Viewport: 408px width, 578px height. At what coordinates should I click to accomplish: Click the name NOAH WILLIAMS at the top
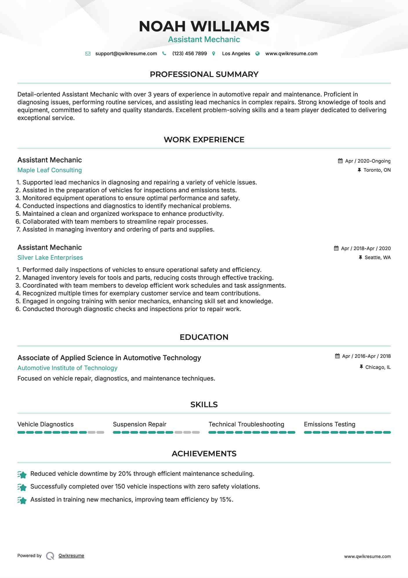[x=204, y=26]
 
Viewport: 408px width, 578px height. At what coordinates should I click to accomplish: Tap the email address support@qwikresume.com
[x=126, y=53]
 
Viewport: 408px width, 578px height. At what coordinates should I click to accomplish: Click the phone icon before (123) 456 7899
[x=164, y=53]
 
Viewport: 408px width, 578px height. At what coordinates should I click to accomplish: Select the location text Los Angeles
[x=236, y=53]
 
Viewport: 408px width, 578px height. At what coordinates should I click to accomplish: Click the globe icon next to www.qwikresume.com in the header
[x=257, y=53]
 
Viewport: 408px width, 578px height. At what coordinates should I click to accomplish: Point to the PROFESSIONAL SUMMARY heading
[x=204, y=74]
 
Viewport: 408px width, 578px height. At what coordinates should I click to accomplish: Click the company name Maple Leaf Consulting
[x=50, y=170]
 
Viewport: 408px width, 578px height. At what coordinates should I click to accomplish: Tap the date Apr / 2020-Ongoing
[x=368, y=161]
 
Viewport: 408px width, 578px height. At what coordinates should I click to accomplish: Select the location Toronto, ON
[x=377, y=170]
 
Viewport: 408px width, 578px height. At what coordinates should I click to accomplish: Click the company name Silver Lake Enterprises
[x=50, y=258]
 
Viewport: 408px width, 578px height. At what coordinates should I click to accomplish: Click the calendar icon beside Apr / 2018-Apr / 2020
[x=336, y=248]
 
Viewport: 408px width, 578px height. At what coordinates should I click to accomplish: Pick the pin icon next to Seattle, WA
[x=360, y=257]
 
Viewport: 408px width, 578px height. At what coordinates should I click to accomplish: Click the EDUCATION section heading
[x=204, y=337]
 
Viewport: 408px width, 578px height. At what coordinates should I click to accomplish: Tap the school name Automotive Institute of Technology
[x=67, y=368]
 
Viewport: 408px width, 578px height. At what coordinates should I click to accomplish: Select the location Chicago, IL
[x=378, y=367]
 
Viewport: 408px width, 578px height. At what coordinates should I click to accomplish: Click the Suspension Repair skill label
[x=139, y=424]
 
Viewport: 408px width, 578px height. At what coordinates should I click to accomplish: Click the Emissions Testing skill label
[x=329, y=424]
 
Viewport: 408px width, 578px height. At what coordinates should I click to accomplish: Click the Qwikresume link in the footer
[x=71, y=556]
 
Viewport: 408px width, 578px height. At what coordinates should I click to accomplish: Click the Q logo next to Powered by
[x=50, y=556]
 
